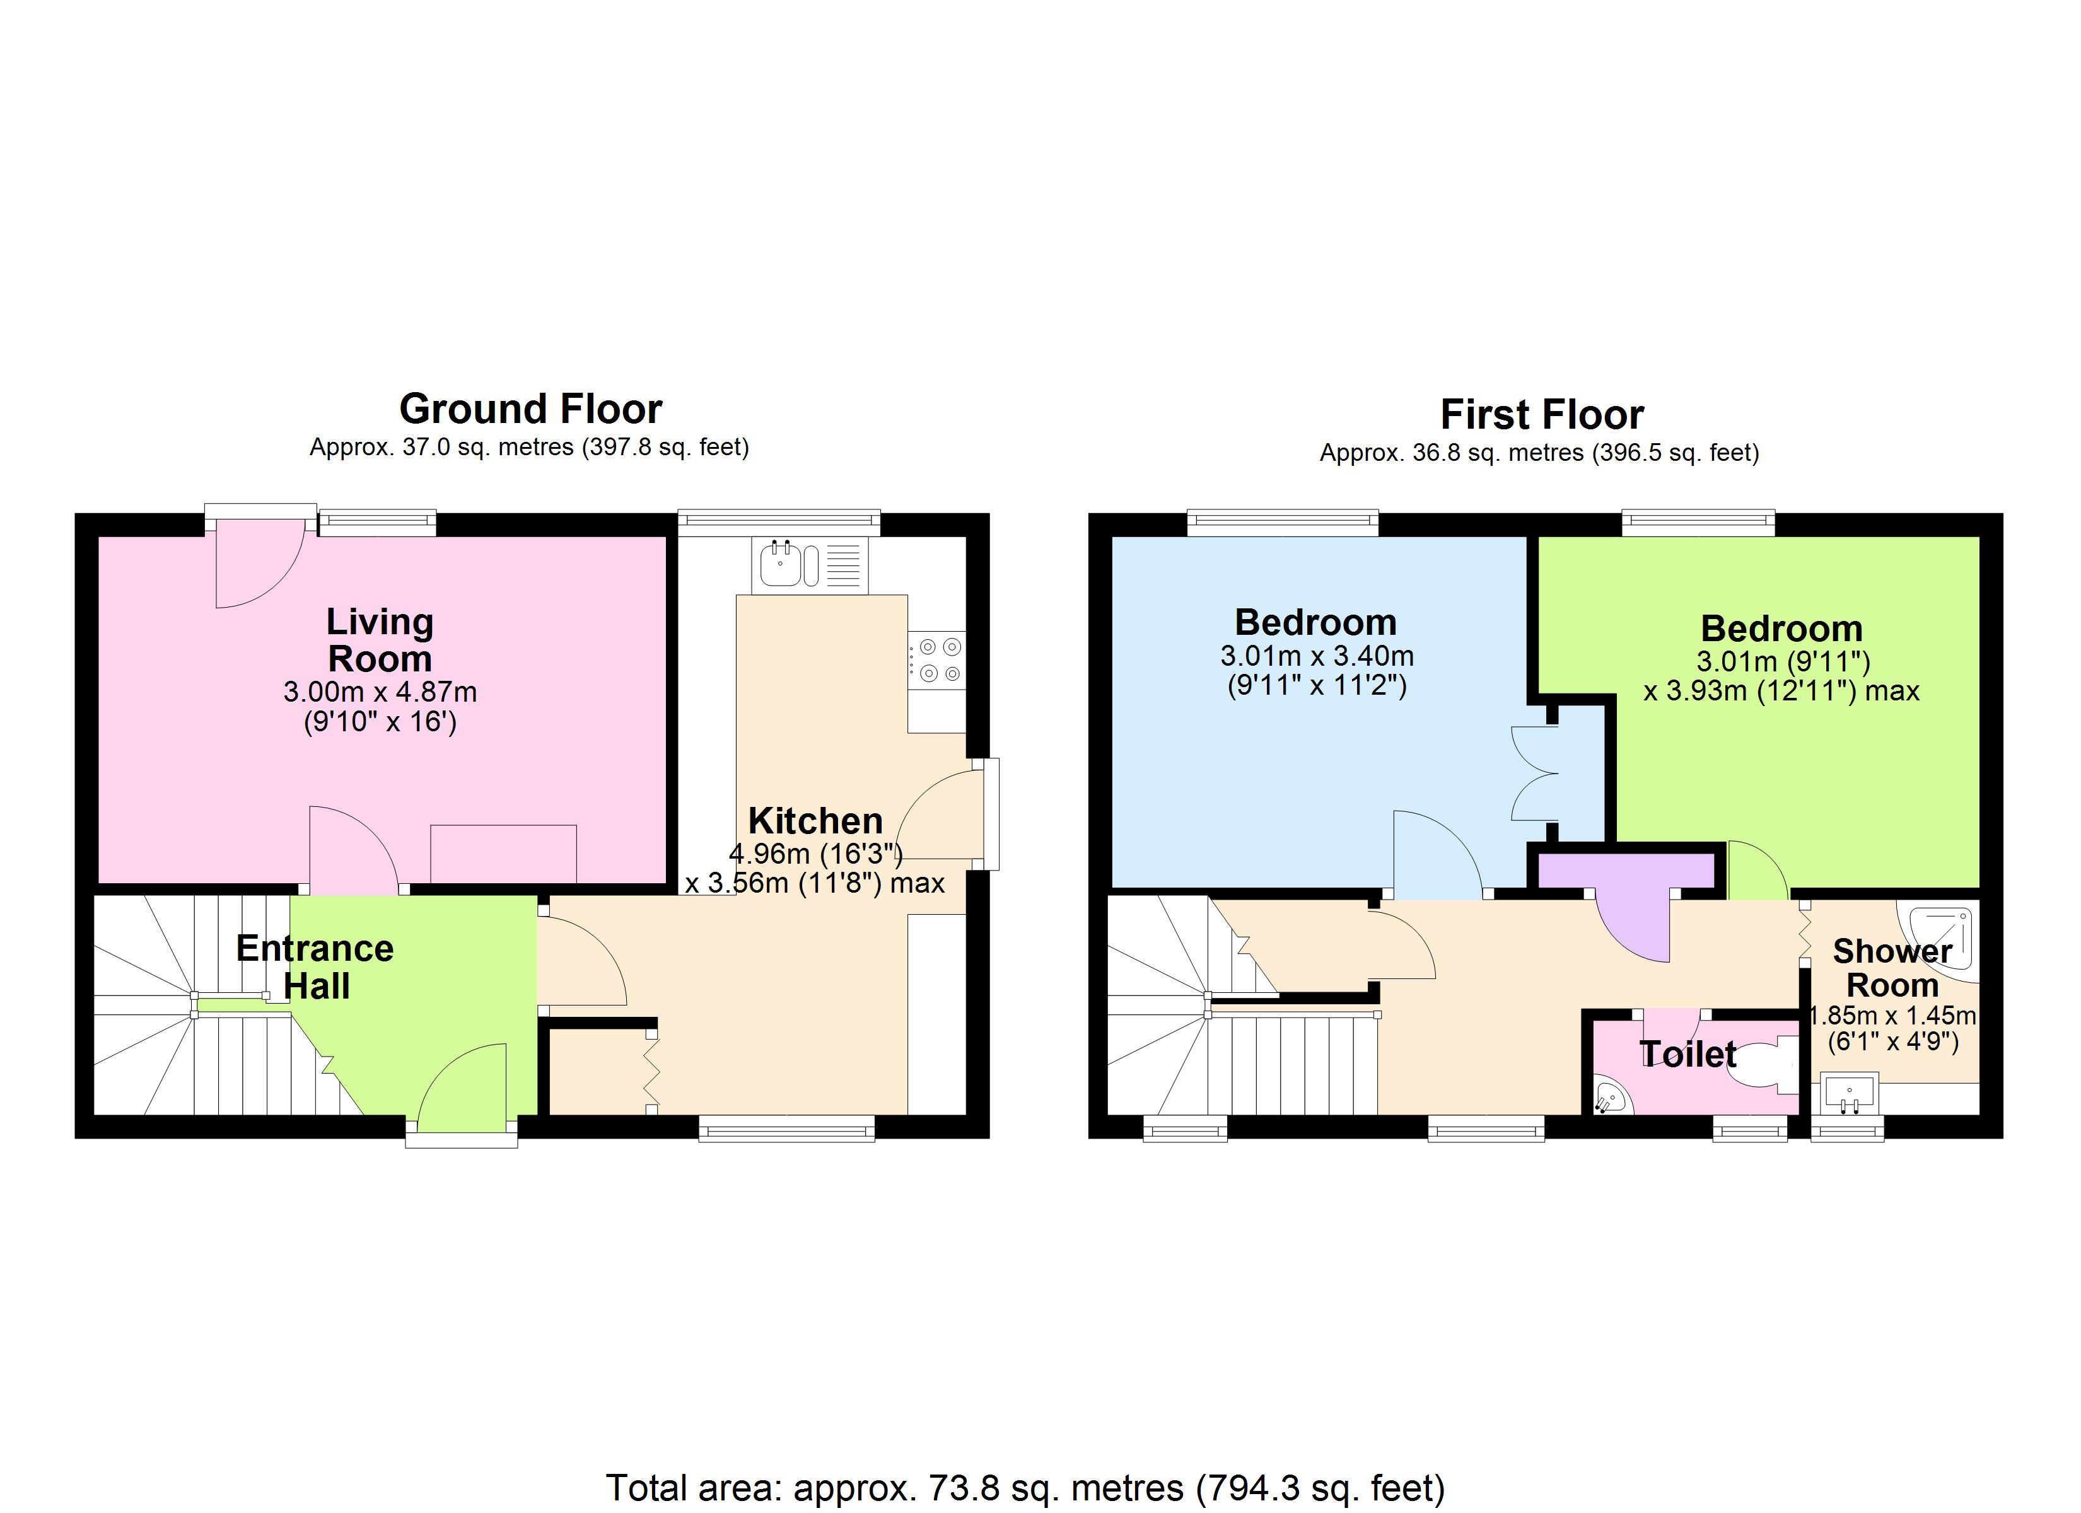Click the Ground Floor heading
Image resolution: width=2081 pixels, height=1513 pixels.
(530, 409)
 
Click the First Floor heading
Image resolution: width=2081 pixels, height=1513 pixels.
(1541, 415)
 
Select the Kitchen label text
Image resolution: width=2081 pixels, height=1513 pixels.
(815, 820)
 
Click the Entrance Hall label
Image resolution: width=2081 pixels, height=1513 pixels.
(315, 966)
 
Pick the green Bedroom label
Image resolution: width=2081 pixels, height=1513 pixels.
(1781, 629)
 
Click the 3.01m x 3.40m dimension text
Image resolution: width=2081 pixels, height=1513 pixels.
(1316, 656)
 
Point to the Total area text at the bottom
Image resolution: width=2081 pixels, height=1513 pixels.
(1025, 1487)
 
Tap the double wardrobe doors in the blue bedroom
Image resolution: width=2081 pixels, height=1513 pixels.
(1535, 774)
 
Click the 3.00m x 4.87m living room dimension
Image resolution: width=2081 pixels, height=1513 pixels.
(380, 692)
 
